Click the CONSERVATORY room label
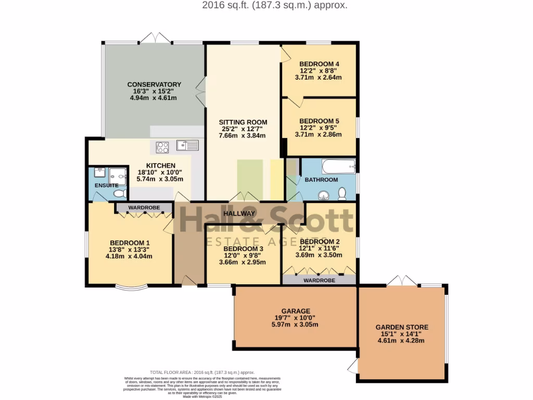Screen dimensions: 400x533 click(x=154, y=84)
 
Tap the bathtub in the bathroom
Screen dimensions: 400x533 click(x=338, y=167)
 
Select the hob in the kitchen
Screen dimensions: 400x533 click(x=162, y=147)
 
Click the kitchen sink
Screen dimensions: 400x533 click(x=185, y=145)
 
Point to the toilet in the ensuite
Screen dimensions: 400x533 click(x=119, y=194)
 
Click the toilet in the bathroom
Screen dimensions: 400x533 click(x=342, y=194)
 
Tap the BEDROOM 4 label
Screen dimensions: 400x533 click(x=319, y=64)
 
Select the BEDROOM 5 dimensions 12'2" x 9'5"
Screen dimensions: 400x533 click(x=319, y=127)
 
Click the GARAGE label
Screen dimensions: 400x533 click(x=296, y=311)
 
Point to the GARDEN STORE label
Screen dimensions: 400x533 click(x=402, y=327)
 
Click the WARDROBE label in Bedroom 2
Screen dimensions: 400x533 click(x=319, y=280)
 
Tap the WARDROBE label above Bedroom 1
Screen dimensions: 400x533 click(x=144, y=208)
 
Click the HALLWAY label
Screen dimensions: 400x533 click(x=239, y=214)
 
